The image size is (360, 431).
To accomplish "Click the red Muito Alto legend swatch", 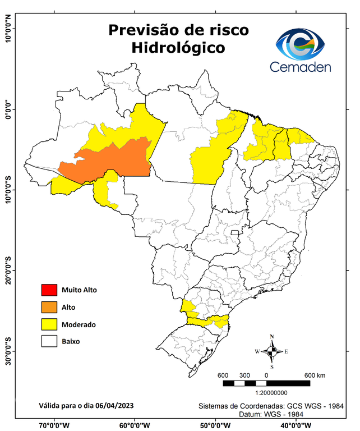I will pos(49,290).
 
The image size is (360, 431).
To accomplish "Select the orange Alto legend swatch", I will pos(49,307).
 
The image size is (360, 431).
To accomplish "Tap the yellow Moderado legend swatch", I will pos(49,324).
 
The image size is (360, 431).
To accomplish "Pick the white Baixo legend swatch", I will pos(49,341).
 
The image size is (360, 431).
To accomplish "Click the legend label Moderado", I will pos(79,324).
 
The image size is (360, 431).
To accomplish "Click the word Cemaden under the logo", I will pos(301,67).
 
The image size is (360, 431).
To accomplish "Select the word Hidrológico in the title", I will pos(178,48).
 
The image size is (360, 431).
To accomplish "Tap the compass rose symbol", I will pos(271,351).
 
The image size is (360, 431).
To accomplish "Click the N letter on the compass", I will pos(272,337).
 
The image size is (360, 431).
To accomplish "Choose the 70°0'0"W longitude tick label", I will pos(54,425).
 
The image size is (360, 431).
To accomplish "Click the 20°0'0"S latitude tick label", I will pos(8,270).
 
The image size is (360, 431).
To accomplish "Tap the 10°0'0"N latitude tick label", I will pos(8,29).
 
